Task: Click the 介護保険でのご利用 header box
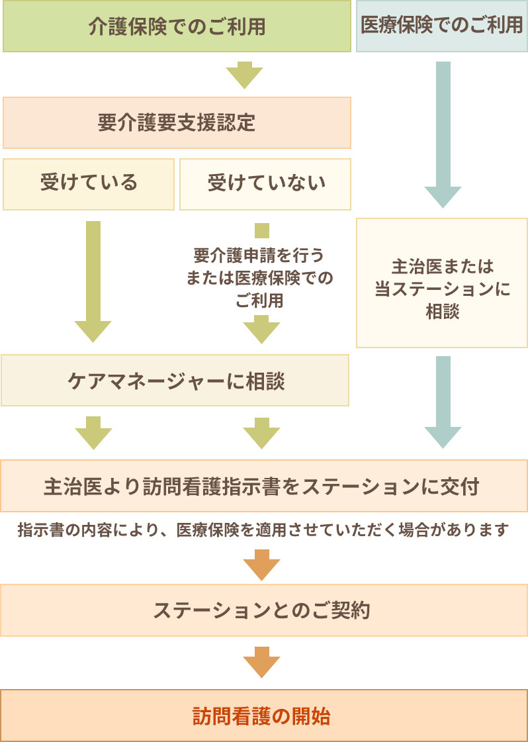click(x=176, y=26)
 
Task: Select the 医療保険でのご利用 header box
click(x=441, y=26)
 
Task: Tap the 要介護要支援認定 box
click(x=176, y=123)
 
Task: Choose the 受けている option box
click(x=89, y=183)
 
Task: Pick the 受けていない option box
click(x=265, y=183)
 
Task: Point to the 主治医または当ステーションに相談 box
click(x=442, y=283)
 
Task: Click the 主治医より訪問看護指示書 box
click(x=263, y=487)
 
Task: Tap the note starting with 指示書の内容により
click(x=263, y=530)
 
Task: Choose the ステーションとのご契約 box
click(x=263, y=610)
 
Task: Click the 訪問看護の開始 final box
click(x=263, y=716)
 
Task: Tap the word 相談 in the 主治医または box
click(x=442, y=312)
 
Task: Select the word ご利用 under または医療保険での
click(x=259, y=300)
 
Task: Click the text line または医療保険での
click(x=259, y=278)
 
